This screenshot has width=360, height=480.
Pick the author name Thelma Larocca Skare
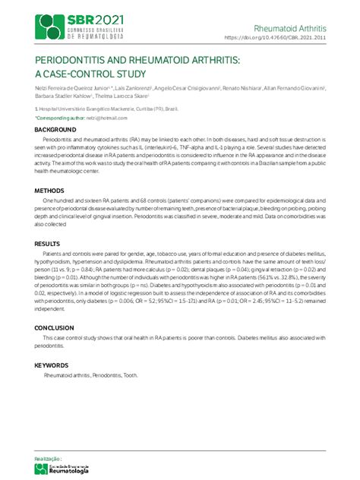click(122, 96)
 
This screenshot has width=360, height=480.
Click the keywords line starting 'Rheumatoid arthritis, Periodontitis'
click(91, 375)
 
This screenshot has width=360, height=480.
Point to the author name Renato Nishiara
click(239, 88)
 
